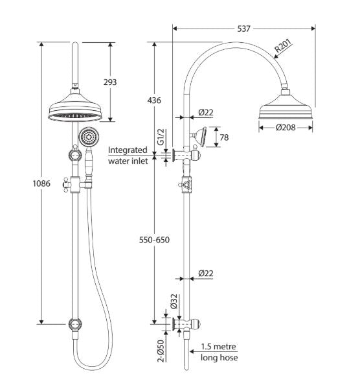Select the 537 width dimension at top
(243, 29)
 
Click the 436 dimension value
(154, 100)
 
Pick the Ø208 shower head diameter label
(285, 128)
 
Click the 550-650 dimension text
(154, 240)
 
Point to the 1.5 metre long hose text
(218, 353)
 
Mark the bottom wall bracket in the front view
(76, 322)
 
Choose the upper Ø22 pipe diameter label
(206, 112)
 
